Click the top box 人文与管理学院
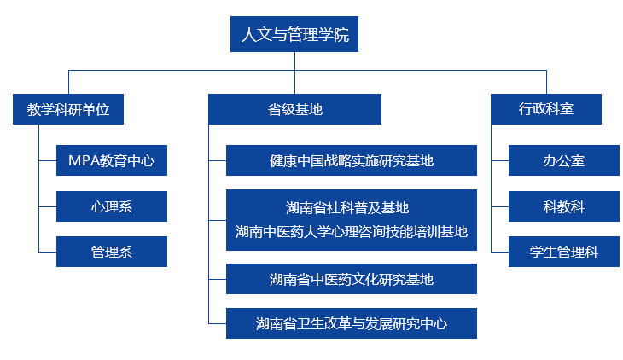[x=294, y=34]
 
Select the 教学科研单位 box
[x=68, y=109]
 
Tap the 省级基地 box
[x=294, y=109]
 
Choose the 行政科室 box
[x=546, y=109]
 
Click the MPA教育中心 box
[x=112, y=160]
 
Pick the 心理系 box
[x=112, y=206]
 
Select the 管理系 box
[x=112, y=252]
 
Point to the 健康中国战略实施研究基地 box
[x=352, y=160]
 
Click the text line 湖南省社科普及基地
[x=347, y=208]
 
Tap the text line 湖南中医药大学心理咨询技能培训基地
[x=352, y=232]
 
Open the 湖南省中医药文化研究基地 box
[x=352, y=279]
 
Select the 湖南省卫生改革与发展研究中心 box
[x=352, y=323]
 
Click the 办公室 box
[x=564, y=160]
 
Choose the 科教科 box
[x=564, y=206]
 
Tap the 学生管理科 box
[x=564, y=252]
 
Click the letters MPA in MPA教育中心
[x=84, y=160]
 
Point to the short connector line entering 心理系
[x=48, y=206]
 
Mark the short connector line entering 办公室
[x=500, y=160]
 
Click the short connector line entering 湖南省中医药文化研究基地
[x=218, y=279]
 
